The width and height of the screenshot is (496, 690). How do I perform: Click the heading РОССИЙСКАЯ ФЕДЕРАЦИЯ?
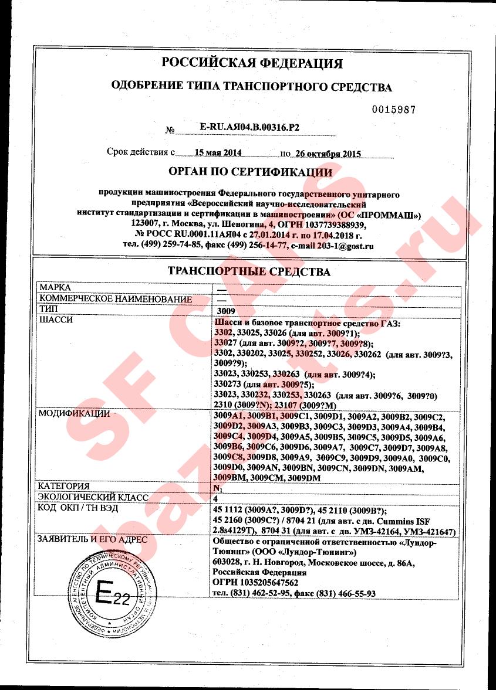pos(252,63)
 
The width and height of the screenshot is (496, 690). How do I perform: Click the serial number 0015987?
pos(394,110)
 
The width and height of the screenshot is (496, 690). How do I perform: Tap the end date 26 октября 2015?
pos(327,154)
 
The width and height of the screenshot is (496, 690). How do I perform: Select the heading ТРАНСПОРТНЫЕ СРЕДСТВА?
pos(249,272)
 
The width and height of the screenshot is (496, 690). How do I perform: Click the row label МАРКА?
pos(54,288)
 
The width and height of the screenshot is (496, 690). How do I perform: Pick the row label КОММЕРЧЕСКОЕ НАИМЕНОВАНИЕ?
pos(114,299)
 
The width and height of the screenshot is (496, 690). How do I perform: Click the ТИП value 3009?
pos(225,310)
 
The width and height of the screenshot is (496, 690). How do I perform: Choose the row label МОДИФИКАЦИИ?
pos(74,414)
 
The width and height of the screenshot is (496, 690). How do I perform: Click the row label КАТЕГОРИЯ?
pos(63,486)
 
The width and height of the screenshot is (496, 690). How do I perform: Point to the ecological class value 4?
pos(215,498)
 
